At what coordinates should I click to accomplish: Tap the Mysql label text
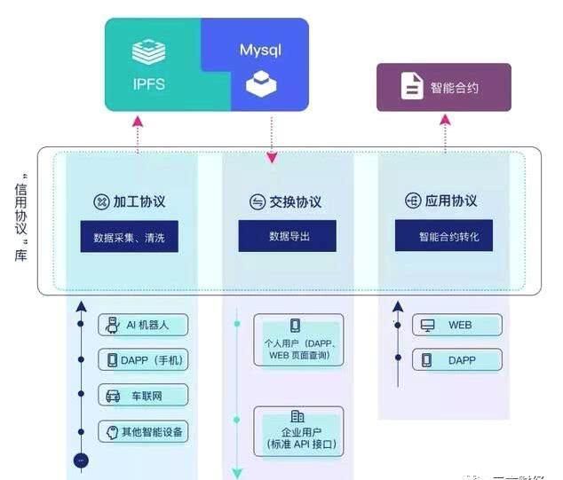260,50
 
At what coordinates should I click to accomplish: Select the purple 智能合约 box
443,87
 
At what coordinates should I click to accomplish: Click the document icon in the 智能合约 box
412,87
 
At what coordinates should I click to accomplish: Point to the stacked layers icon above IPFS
150,51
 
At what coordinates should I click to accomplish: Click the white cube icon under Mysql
260,86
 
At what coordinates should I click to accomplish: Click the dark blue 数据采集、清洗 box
130,237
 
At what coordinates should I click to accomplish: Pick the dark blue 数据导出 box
288,236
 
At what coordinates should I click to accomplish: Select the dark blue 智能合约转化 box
444,237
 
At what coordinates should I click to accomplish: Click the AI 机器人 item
144,325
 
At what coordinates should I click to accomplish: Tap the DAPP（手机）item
144,360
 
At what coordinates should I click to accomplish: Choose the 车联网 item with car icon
144,396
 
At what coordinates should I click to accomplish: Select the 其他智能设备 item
144,432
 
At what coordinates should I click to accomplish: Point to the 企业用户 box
297,430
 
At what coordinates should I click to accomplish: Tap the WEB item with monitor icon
456,325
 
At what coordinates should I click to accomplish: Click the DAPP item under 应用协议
456,359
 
